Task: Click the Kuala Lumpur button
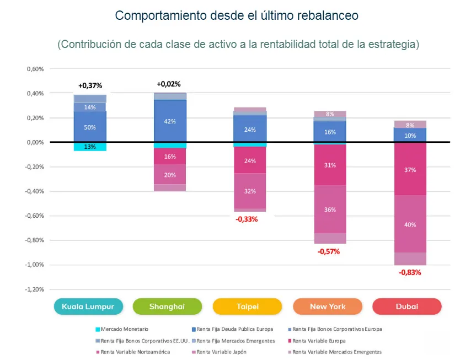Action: (88, 307)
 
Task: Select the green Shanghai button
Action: (168, 307)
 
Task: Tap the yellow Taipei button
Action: (247, 307)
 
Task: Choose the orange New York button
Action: (327, 307)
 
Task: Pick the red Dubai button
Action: (406, 307)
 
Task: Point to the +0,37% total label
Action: (90, 85)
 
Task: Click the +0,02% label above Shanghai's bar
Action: (169, 84)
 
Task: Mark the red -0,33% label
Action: (247, 219)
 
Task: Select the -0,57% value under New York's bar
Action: (328, 251)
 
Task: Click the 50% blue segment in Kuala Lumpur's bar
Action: (90, 127)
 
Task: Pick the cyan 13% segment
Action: (90, 147)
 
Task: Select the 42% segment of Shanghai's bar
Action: (170, 122)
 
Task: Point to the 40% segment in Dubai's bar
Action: (410, 224)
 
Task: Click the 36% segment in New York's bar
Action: (330, 209)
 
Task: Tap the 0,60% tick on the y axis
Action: (35, 69)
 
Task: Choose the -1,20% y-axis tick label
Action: (34, 289)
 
